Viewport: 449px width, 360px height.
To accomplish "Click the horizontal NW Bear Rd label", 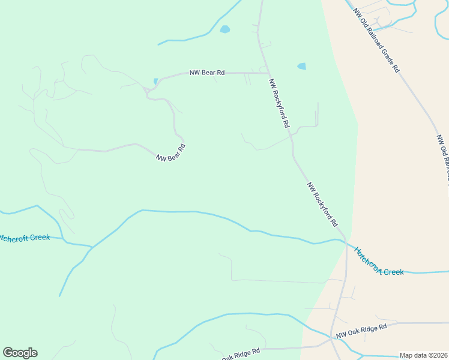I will [x=206, y=73].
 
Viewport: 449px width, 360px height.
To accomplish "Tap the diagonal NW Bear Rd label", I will [x=170, y=154].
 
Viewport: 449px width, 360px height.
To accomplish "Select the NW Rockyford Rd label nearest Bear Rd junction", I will [x=280, y=104].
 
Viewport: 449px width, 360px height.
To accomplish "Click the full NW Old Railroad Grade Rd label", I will [x=376, y=40].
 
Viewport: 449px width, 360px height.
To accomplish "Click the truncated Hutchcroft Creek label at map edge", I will [x=25, y=238].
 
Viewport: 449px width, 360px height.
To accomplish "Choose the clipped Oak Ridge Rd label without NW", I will [x=240, y=354].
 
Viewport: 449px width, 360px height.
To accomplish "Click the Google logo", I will [x=20, y=353].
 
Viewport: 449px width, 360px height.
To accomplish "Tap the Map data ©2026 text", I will [x=423, y=355].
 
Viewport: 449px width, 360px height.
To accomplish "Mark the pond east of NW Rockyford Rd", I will [x=301, y=67].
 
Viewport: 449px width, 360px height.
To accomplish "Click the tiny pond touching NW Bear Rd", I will [x=156, y=81].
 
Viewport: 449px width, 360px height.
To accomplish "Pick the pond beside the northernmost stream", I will [x=224, y=29].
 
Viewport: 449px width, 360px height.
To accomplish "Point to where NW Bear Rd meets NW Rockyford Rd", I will [x=268, y=73].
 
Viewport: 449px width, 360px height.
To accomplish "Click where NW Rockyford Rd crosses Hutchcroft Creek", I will [x=346, y=241].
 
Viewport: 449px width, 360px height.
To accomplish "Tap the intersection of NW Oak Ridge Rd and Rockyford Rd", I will [x=333, y=337].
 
